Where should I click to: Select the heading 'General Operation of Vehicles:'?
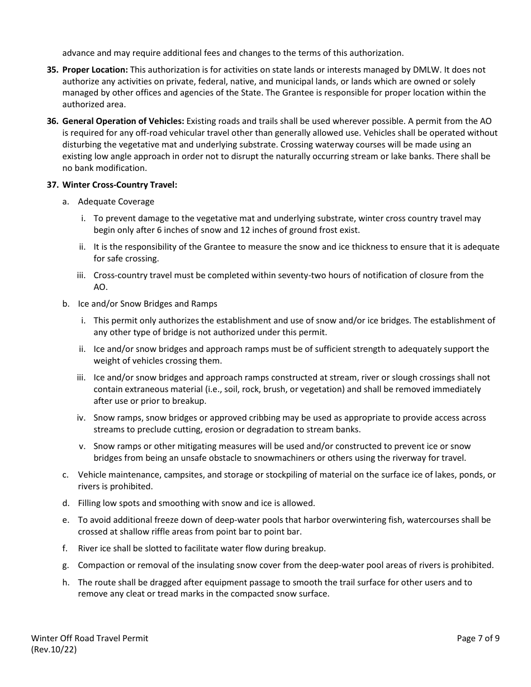pos(123,121)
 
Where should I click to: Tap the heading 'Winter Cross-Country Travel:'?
pos(120,185)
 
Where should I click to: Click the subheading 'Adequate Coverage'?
pos(116,202)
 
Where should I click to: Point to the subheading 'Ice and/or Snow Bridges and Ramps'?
pos(148,304)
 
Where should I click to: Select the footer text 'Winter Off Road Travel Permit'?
pos(89,638)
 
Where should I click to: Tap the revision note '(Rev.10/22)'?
pos(54,650)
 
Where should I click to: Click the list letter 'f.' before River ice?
pos(66,548)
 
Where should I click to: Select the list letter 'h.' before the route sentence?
pos(66,583)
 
